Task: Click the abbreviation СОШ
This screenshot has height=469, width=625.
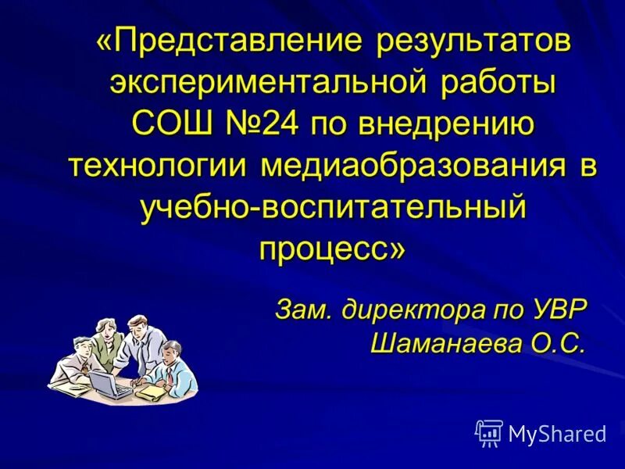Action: pyautogui.click(x=168, y=125)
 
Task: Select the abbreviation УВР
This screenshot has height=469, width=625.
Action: pyautogui.click(x=553, y=309)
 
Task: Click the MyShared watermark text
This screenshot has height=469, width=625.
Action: pyautogui.click(x=556, y=434)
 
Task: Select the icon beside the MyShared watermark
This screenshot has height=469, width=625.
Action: pyautogui.click(x=488, y=432)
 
